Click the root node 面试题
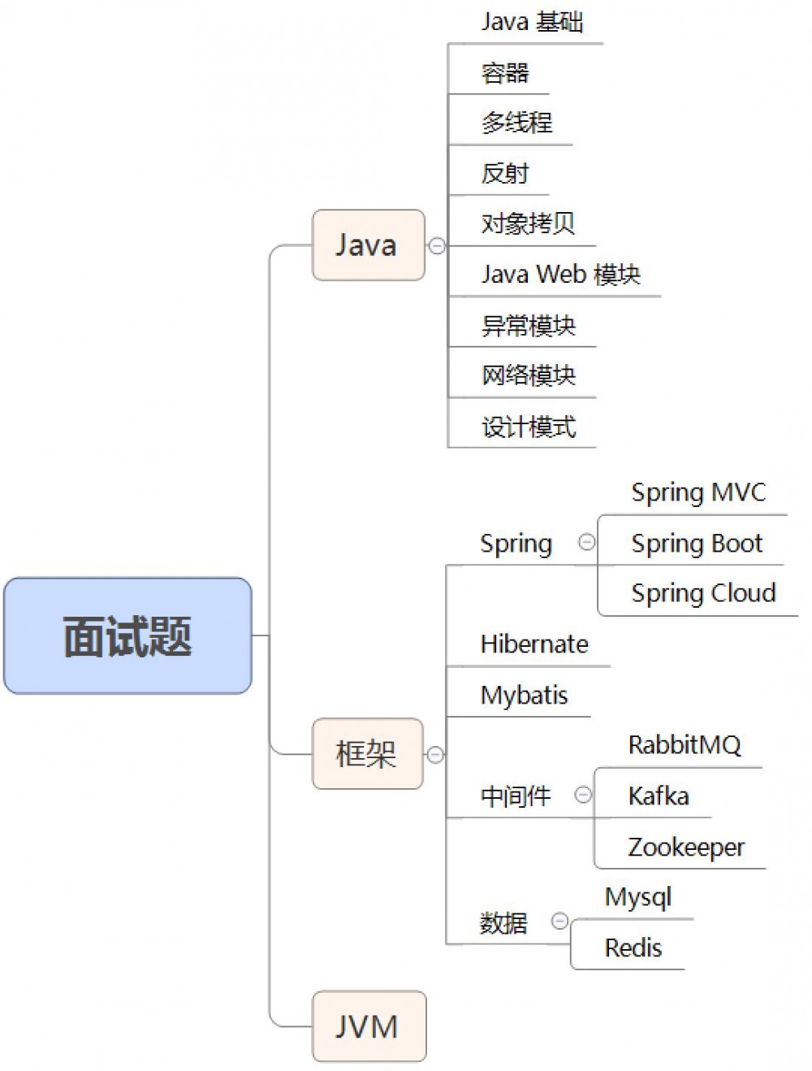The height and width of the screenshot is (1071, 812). (x=127, y=635)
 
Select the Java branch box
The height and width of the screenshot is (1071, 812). (x=368, y=245)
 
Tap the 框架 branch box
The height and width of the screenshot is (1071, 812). (x=367, y=754)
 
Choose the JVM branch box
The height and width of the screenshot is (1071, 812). (x=369, y=1026)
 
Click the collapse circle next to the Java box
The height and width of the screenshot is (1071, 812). (x=437, y=245)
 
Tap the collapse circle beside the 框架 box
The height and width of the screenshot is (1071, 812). (x=435, y=755)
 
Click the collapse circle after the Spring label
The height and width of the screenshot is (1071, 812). (x=586, y=542)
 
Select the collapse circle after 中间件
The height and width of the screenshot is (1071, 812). (x=583, y=795)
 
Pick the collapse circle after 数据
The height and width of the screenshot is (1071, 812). (x=559, y=921)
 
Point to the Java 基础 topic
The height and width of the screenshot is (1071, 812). (x=532, y=22)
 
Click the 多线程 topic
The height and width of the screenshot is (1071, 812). (x=516, y=123)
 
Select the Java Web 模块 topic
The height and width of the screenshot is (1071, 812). (x=560, y=275)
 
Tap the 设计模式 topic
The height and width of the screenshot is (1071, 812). (x=529, y=427)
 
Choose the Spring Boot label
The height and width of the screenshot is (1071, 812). (x=697, y=543)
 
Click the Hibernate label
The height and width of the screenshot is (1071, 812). (x=534, y=644)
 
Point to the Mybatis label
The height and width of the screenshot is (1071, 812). (x=524, y=695)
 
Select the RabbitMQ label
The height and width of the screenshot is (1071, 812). (x=684, y=744)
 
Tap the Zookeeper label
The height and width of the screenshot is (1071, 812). (x=685, y=847)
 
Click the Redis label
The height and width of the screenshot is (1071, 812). (x=633, y=947)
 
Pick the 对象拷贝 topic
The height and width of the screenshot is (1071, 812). (x=528, y=223)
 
